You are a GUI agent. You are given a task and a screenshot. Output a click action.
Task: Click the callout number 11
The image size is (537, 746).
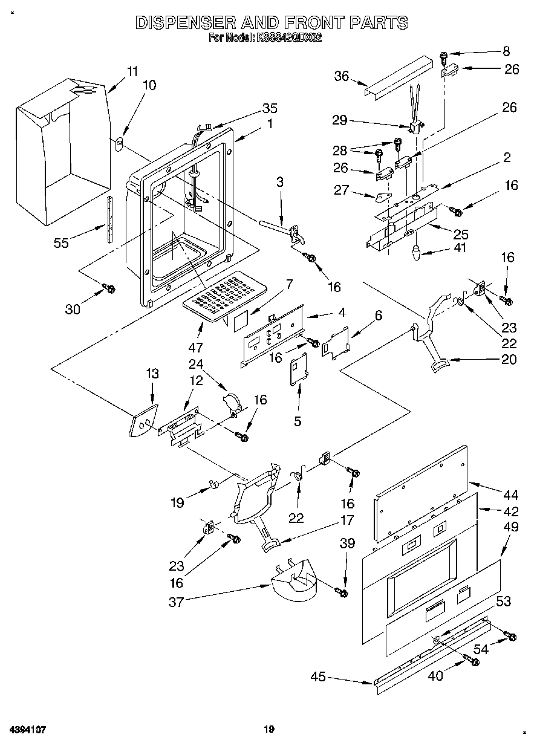click(132, 70)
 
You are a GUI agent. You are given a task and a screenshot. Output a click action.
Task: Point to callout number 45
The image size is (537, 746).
click(319, 676)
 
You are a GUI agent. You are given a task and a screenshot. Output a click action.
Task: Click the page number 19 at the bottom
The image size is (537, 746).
click(268, 730)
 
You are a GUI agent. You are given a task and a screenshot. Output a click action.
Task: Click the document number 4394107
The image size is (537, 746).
click(28, 730)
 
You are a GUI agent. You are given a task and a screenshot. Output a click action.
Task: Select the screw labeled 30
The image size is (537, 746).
click(110, 288)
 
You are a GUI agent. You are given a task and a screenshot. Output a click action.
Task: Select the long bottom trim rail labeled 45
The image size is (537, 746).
click(423, 653)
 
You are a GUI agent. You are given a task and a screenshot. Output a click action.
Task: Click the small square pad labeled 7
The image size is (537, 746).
click(242, 321)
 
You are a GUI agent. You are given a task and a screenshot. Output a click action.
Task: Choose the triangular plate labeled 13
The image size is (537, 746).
click(143, 420)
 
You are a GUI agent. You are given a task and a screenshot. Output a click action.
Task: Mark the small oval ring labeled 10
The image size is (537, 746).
click(119, 144)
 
